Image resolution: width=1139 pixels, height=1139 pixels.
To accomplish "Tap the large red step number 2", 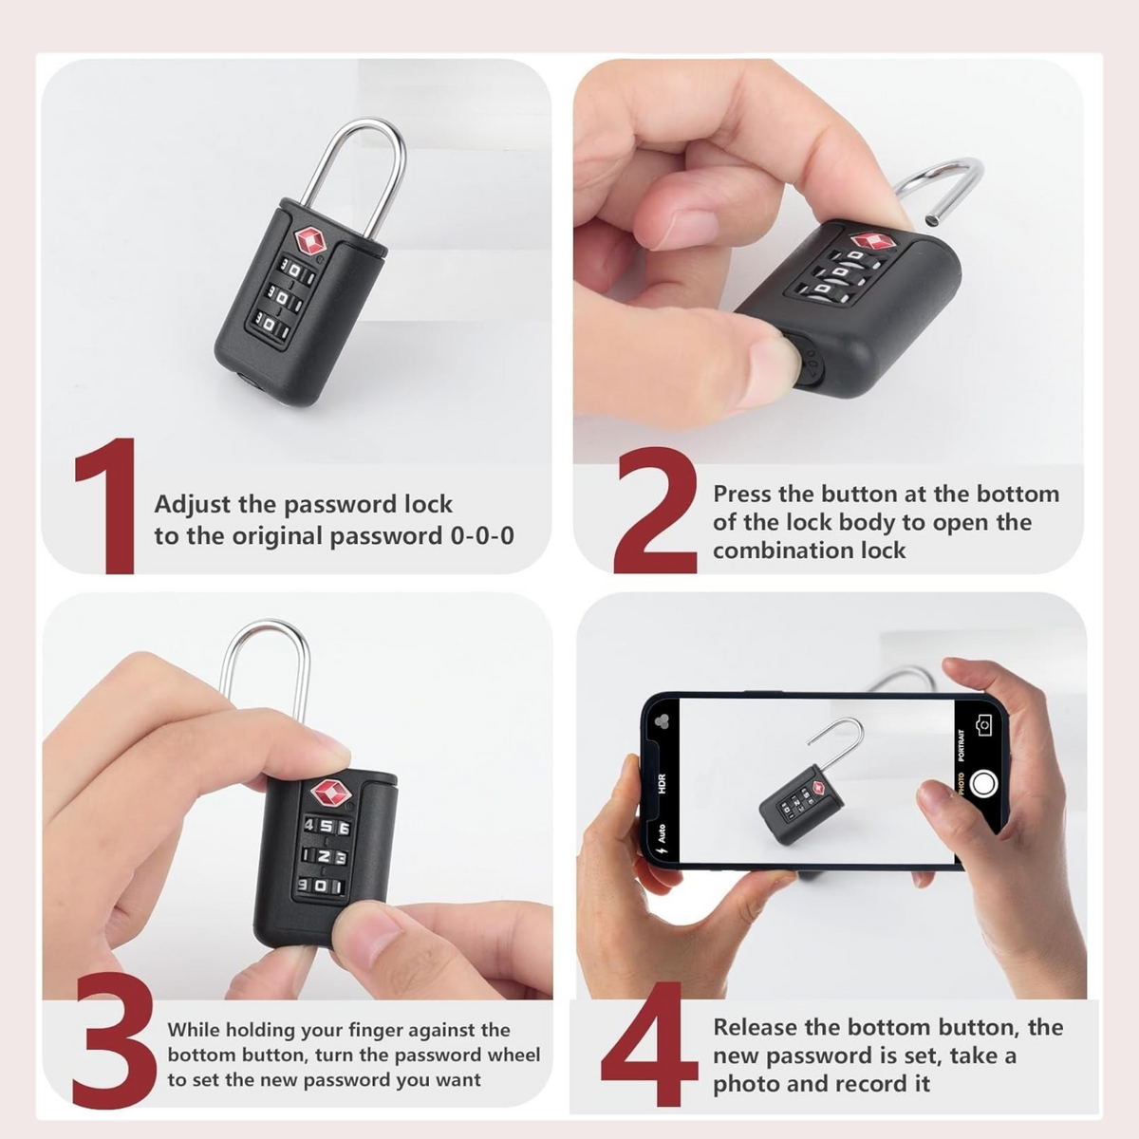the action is tap(655, 510).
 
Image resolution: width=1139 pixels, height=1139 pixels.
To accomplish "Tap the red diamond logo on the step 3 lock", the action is tap(329, 793).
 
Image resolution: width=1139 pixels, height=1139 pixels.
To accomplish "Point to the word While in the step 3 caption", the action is tap(193, 1030).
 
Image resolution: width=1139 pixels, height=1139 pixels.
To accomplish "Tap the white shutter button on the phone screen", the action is tap(983, 784).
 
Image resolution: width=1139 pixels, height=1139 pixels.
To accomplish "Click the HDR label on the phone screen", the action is tap(662, 784).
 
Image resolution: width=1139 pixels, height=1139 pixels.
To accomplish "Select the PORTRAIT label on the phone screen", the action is tap(962, 745).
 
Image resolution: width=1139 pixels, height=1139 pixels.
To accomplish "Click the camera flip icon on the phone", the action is tap(984, 723).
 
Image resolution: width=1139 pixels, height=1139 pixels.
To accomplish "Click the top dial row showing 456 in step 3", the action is tap(327, 828).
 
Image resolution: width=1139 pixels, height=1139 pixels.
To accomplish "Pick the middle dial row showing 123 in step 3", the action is tap(325, 857).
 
